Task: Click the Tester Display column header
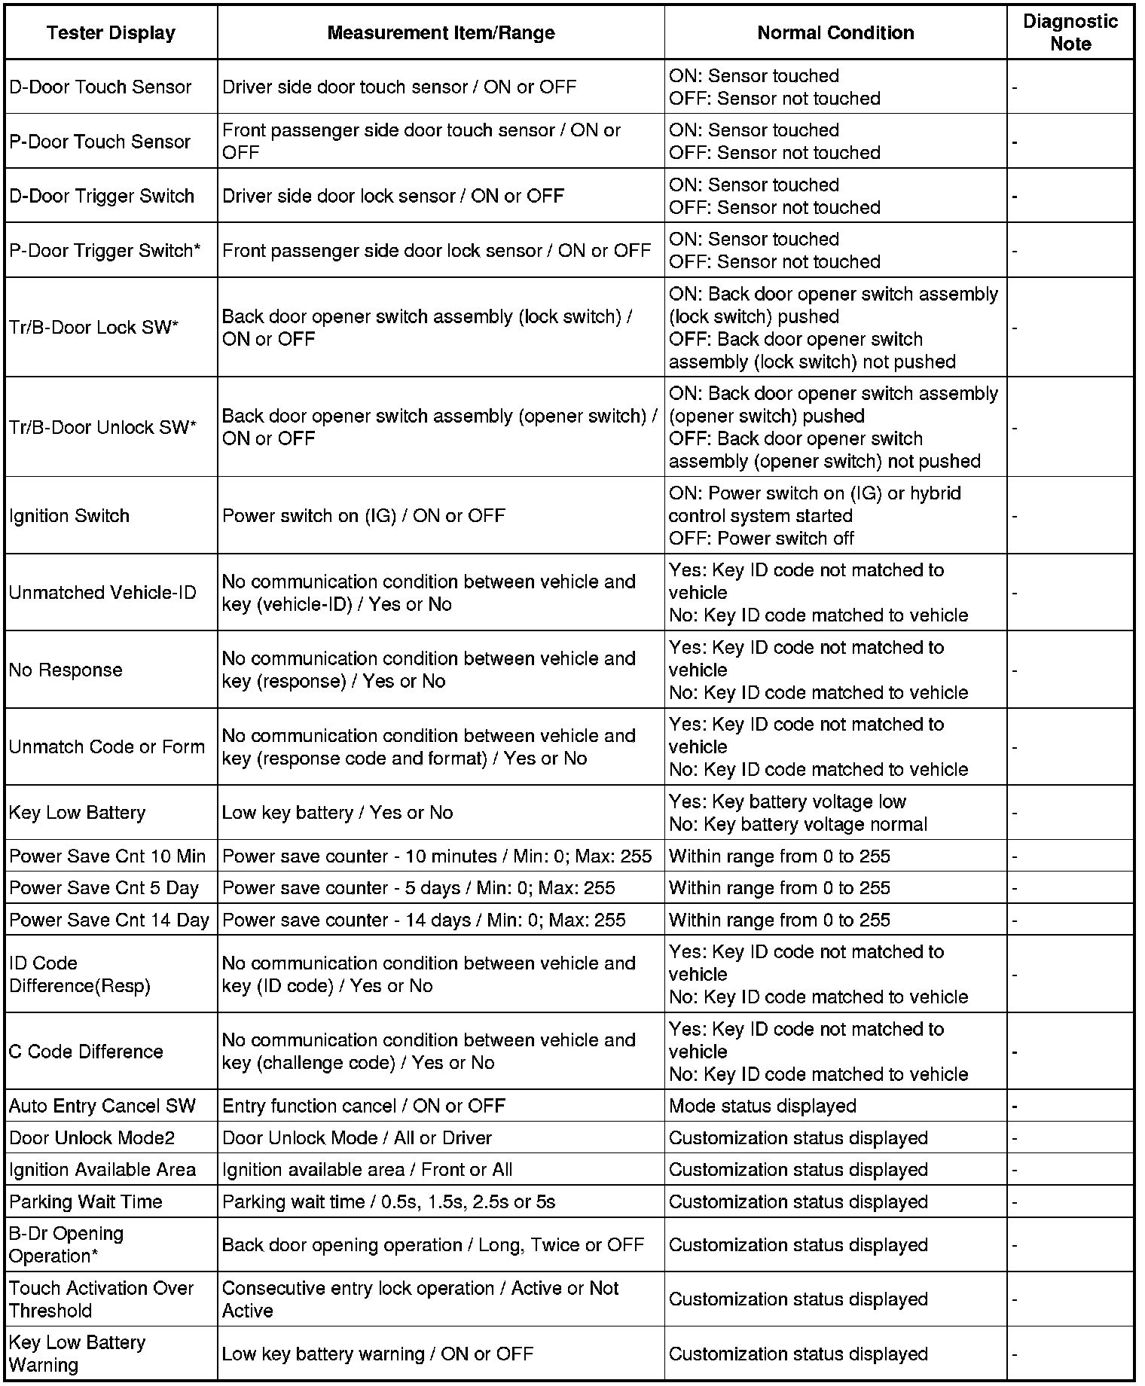tap(111, 33)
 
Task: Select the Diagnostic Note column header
tap(1070, 32)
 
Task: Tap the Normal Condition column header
tap(835, 33)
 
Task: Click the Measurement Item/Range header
tap(441, 33)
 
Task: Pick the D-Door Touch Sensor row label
tap(100, 87)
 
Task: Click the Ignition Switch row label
tap(69, 516)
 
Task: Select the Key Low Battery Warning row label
tap(77, 1354)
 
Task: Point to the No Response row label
tap(66, 670)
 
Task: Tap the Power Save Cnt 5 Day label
tap(104, 888)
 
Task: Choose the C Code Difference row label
tap(86, 1052)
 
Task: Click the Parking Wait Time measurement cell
tap(389, 1201)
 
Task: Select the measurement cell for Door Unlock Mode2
tap(357, 1138)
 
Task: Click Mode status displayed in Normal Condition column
tap(762, 1107)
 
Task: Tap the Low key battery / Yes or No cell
tap(337, 813)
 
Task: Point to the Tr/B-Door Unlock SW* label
tap(102, 427)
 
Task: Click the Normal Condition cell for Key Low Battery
tap(798, 813)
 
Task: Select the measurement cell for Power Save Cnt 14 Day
tap(423, 920)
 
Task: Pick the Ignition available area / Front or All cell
tap(367, 1170)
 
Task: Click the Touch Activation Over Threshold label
tap(102, 1299)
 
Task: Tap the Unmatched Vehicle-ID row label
tap(102, 593)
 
